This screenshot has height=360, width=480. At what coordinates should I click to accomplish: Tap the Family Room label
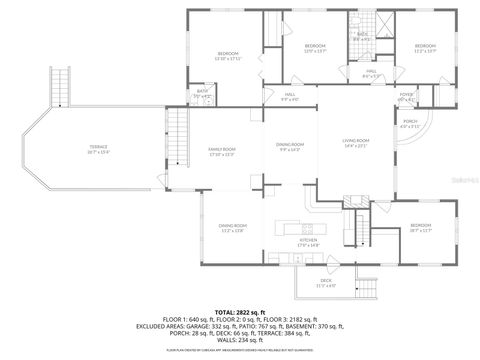click(220, 151)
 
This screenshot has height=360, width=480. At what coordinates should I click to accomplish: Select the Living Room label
click(356, 143)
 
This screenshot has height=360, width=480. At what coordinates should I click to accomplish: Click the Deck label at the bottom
click(326, 283)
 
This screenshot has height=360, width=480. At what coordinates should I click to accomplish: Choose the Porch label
click(410, 124)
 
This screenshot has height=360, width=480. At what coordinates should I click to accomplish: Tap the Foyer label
click(406, 97)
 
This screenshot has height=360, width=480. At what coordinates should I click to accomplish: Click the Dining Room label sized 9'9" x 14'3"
click(290, 148)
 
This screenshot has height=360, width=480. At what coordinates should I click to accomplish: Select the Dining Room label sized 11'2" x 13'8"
click(233, 228)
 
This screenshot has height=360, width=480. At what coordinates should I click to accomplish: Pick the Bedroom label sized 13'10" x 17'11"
click(229, 55)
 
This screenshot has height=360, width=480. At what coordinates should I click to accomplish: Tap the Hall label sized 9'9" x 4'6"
click(290, 97)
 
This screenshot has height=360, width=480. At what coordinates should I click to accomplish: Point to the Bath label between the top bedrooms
click(362, 37)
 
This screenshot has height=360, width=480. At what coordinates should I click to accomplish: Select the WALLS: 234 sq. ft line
click(240, 340)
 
